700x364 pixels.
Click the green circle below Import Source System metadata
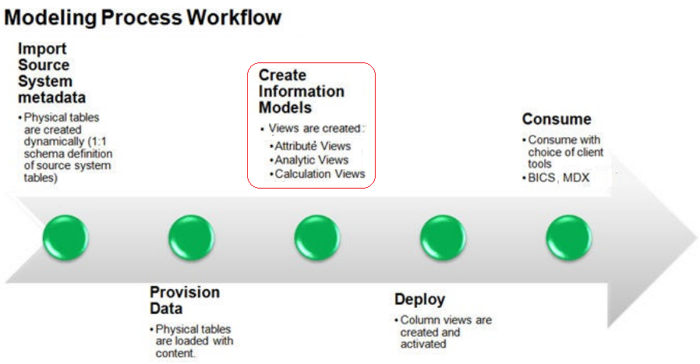[x=65, y=238]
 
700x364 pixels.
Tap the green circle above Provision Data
[x=191, y=238]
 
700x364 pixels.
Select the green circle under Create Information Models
[x=317, y=238]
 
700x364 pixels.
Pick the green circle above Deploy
[x=443, y=238]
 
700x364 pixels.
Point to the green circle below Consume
[x=568, y=238]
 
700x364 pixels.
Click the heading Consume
[x=557, y=119]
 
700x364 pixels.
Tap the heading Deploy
[x=419, y=299]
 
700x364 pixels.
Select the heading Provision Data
[x=185, y=300]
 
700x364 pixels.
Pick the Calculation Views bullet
[x=320, y=174]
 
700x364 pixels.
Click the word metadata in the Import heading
[x=52, y=97]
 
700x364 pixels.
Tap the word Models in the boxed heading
[x=285, y=108]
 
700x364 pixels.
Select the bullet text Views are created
[x=315, y=129]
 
